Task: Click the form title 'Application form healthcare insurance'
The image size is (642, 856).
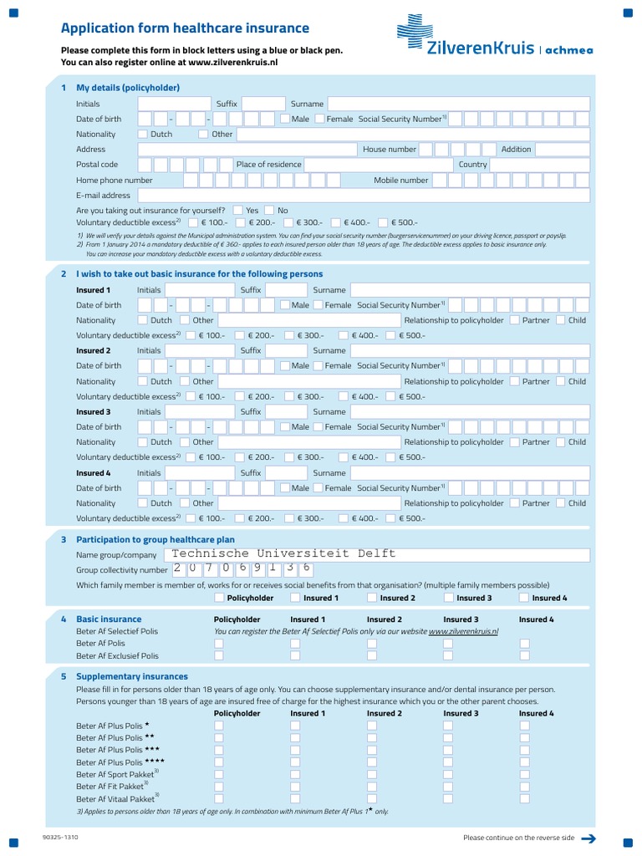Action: tap(185, 28)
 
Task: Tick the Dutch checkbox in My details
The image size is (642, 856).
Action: tap(143, 134)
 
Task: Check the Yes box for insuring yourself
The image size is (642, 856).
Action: tap(238, 211)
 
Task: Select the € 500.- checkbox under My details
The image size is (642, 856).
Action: tap(384, 223)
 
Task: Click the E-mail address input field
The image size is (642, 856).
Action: tap(364, 196)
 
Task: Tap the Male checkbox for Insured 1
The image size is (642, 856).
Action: tap(285, 305)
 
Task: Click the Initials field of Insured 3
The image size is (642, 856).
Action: tap(198, 411)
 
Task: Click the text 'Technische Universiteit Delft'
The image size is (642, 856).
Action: tap(283, 553)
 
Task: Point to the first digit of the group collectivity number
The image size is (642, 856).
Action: tap(180, 568)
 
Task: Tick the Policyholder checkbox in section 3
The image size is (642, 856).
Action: tap(219, 598)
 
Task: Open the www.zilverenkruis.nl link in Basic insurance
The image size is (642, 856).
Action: tap(463, 632)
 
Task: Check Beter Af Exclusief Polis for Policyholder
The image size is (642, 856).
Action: tap(219, 656)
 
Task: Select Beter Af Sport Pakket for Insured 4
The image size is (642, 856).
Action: tap(524, 775)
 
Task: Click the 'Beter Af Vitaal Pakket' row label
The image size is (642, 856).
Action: tap(115, 799)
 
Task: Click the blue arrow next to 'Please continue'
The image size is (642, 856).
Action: tap(588, 838)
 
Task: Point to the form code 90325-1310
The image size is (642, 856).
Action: tap(59, 837)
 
